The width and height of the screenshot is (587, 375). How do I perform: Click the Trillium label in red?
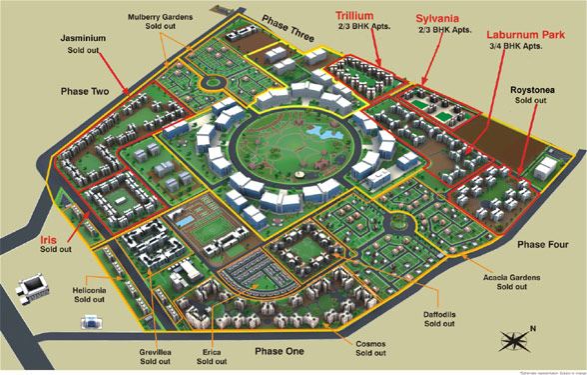(334, 16)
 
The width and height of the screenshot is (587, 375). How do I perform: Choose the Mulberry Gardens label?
(160, 18)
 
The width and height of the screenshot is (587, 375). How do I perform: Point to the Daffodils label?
(439, 313)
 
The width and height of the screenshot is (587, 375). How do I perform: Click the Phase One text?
(283, 352)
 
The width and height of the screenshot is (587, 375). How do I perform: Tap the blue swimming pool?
(186, 217)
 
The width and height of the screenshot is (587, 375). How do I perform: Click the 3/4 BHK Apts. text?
(519, 47)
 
